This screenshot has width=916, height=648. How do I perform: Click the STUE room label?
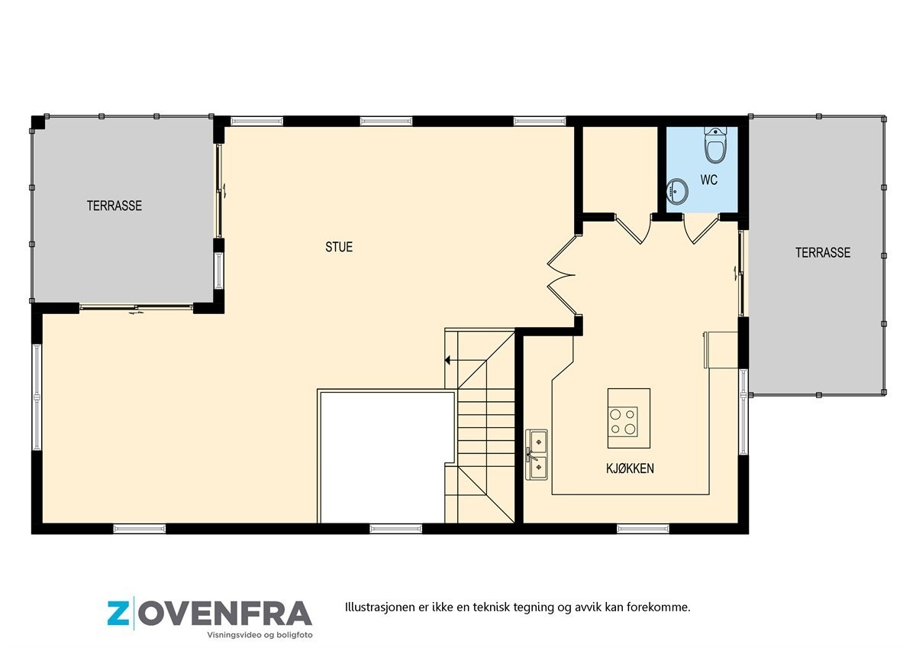339,247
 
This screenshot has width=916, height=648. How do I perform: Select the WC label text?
708,181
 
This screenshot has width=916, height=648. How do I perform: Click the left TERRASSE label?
114,206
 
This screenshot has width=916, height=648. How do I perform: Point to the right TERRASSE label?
822,252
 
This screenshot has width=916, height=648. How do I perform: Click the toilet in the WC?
715,145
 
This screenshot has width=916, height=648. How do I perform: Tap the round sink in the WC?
677,191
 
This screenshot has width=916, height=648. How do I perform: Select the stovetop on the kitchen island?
623,420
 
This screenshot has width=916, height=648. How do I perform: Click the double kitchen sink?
537,455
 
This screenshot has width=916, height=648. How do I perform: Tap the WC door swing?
701,229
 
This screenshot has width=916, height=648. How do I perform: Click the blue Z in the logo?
118,614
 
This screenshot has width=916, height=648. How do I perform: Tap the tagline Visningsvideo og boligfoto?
260,635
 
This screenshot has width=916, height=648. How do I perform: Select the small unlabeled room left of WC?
621,169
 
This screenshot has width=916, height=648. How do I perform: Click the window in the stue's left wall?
37,396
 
